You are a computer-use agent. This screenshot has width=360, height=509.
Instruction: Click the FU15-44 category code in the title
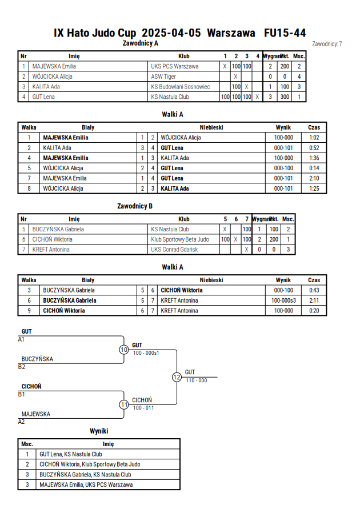(x=285, y=33)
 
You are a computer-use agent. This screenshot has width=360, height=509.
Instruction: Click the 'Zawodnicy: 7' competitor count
(x=327, y=44)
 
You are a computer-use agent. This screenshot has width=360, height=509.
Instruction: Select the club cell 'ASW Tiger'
(x=163, y=77)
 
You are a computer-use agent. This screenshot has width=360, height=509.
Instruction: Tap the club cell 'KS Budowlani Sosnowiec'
(x=181, y=87)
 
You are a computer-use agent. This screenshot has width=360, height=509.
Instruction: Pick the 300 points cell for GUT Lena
(x=285, y=97)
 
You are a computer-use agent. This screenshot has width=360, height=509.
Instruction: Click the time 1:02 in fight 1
(x=314, y=138)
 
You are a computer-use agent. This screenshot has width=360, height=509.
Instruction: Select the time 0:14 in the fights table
(x=314, y=168)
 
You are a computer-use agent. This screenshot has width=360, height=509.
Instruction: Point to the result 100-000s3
(x=283, y=300)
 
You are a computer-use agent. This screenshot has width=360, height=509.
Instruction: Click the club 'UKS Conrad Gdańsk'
(x=174, y=250)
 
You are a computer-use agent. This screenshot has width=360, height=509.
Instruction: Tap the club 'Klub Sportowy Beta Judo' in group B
(x=180, y=239)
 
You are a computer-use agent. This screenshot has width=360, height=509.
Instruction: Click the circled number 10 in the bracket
(x=124, y=350)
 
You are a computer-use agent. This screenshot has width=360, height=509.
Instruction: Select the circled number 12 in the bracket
(x=177, y=377)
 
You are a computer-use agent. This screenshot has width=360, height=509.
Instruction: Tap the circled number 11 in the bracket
(x=124, y=405)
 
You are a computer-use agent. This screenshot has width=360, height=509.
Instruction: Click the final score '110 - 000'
(x=197, y=380)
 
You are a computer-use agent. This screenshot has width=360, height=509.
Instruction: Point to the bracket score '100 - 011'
(x=143, y=408)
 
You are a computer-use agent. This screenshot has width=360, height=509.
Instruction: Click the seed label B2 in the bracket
(x=22, y=367)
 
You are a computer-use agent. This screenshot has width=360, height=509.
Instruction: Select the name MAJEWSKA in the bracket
(x=35, y=414)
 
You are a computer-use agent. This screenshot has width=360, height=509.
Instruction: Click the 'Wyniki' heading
(x=99, y=431)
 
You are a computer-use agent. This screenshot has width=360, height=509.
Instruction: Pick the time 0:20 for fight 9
(x=314, y=311)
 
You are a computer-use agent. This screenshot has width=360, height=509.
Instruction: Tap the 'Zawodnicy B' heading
(x=135, y=206)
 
